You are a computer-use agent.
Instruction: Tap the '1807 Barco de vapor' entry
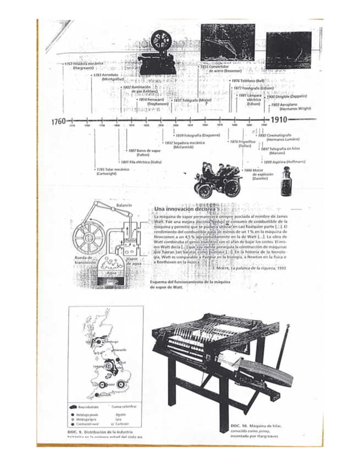tap(143, 152)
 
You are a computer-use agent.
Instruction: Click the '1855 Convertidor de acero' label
tap(229, 69)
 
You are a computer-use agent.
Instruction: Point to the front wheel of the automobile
tap(204, 191)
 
